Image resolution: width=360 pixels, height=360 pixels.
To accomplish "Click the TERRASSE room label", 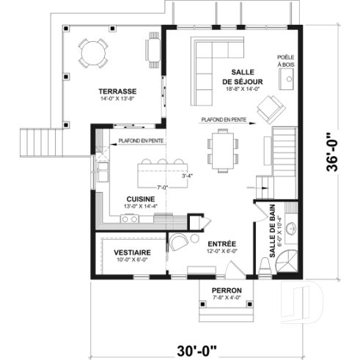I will pos(119,91).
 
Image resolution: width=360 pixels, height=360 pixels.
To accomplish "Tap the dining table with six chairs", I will pos(221,147).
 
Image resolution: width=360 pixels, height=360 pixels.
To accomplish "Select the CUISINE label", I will pos(139,199).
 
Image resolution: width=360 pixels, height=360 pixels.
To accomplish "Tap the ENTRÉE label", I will pos(221,244).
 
